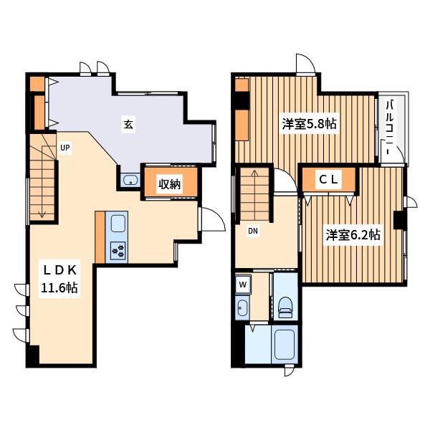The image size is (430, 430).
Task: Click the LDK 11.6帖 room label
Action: (x=59, y=279)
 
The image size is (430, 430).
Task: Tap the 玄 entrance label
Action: (x=128, y=125)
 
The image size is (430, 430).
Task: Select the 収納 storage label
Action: (x=170, y=184)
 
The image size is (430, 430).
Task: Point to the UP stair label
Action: (x=65, y=148)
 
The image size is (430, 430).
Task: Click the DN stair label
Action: (x=253, y=231)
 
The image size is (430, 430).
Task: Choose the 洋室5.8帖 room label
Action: (x=310, y=124)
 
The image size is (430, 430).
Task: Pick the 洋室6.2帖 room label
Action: (x=353, y=235)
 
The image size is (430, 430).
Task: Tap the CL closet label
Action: (x=328, y=180)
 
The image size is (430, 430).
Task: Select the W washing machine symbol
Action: (x=243, y=285)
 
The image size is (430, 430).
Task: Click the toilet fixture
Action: (x=286, y=307)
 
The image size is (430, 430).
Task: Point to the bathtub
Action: (x=285, y=345)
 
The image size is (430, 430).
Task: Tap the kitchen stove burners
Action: (x=118, y=251)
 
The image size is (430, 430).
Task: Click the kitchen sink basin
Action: (x=118, y=224)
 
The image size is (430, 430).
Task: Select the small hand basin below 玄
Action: (x=130, y=180)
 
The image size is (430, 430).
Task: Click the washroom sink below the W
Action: (x=242, y=307)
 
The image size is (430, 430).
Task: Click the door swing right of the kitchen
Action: (x=213, y=219)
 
